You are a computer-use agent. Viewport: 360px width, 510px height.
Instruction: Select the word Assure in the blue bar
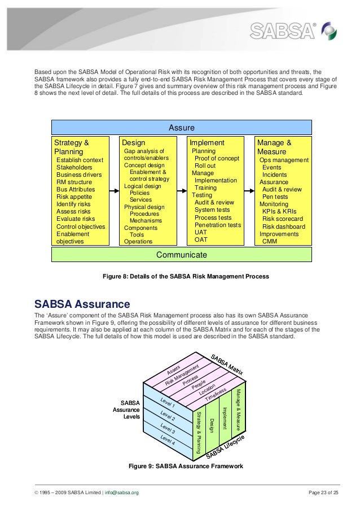click(181, 128)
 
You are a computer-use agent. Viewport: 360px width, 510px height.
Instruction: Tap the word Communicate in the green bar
click(181, 255)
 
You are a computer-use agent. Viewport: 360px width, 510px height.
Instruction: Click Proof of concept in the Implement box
click(217, 159)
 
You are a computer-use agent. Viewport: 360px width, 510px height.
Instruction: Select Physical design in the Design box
click(145, 207)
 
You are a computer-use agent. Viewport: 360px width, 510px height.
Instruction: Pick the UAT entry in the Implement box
click(201, 232)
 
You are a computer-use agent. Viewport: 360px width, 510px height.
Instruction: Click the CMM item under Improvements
click(270, 241)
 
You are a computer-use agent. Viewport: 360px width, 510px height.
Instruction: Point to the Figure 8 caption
click(185, 276)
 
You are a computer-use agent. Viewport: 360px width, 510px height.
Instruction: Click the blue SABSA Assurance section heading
click(82, 304)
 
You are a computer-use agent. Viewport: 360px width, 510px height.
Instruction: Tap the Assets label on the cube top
click(175, 370)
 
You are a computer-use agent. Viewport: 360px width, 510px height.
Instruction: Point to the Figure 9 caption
click(186, 467)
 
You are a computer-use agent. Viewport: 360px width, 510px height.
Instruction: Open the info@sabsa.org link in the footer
click(121, 492)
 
